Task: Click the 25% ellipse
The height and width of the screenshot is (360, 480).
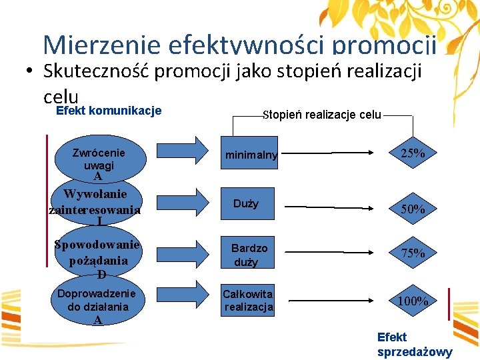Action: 413,153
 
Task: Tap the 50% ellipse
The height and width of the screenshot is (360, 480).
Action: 413,209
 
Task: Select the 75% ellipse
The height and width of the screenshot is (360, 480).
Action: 413,253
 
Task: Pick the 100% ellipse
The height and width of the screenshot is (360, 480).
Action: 413,301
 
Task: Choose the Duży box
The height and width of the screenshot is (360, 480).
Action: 247,203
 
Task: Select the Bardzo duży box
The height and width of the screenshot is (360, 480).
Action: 249,255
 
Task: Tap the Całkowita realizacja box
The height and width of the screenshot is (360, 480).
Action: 248,300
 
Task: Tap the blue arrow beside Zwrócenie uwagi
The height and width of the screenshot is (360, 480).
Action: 187,150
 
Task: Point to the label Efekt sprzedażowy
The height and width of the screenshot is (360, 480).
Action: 414,345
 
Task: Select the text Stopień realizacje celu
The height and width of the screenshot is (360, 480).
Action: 321,115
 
